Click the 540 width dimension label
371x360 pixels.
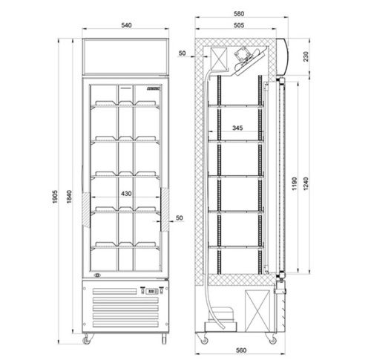[126, 25]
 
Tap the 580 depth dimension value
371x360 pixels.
[239, 13]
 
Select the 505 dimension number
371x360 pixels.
[239, 25]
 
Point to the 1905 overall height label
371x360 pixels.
[55, 197]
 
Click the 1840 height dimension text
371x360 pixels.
[69, 197]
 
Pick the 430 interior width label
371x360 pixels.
[126, 194]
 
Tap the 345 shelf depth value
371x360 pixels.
[237, 128]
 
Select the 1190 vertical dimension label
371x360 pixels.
[295, 183]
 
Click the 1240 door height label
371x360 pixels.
[306, 183]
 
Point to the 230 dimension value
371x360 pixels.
[306, 56]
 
